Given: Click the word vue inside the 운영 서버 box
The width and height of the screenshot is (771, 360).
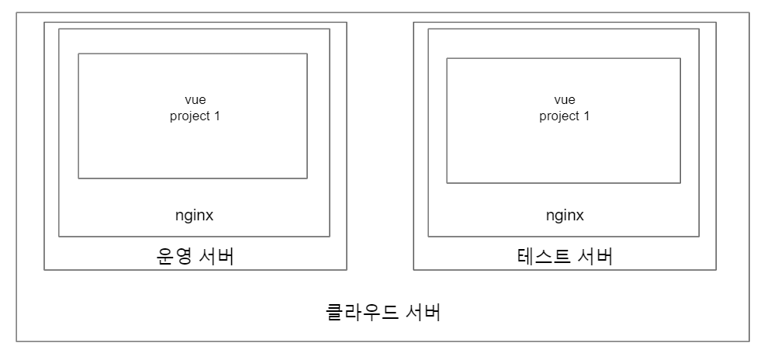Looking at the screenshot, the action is pos(195,100).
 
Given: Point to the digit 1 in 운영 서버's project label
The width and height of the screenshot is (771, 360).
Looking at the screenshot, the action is pos(217,116).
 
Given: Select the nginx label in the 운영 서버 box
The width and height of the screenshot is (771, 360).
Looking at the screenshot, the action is pos(195,215).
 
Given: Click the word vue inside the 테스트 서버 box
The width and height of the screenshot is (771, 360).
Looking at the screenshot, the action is pos(565,100).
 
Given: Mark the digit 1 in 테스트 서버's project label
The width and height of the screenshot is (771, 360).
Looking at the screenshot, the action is pos(587,116).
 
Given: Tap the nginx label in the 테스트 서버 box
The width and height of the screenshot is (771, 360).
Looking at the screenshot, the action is pos(565,215).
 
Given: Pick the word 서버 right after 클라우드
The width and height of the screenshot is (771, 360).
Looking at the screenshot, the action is pos(423,313).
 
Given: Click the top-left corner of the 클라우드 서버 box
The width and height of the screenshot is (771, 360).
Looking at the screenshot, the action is pos(16,12).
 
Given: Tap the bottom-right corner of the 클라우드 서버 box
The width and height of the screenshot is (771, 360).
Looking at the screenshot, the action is pos(750,341).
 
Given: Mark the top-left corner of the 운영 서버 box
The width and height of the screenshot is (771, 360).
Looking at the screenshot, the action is pos(44,22).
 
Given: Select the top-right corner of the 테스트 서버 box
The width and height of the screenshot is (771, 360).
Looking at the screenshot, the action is pos(716,22).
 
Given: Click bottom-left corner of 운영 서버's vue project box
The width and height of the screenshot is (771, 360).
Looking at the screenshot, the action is pos(78,178).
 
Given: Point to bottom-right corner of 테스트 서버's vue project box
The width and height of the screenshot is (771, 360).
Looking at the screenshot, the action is pos(680,183).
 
